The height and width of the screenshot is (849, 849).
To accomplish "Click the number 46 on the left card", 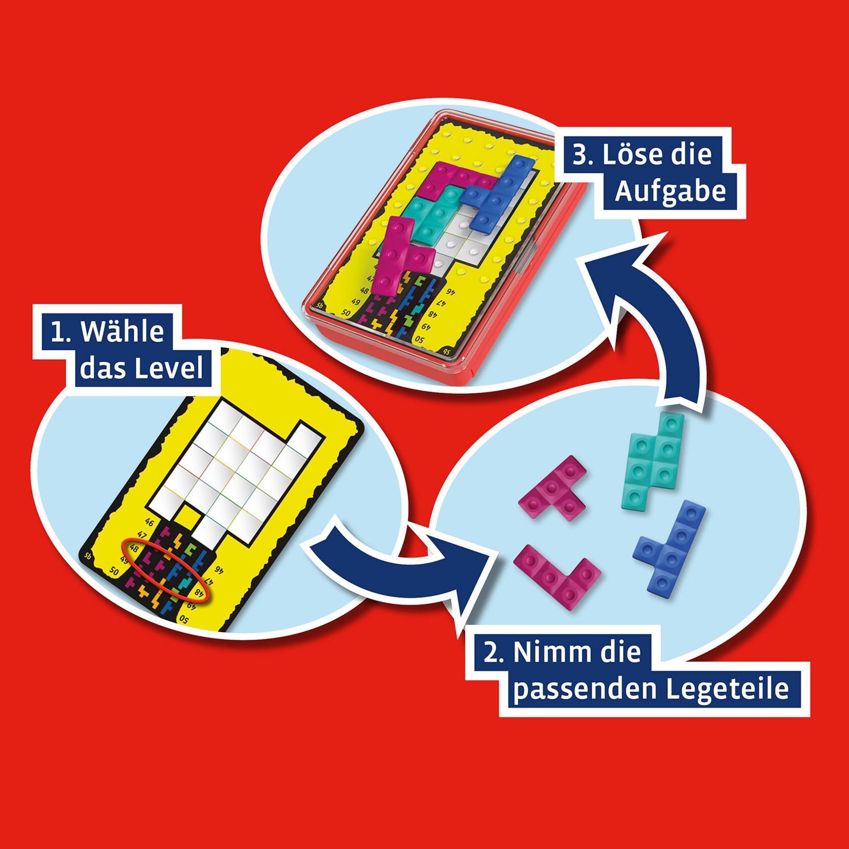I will click(151, 523).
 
